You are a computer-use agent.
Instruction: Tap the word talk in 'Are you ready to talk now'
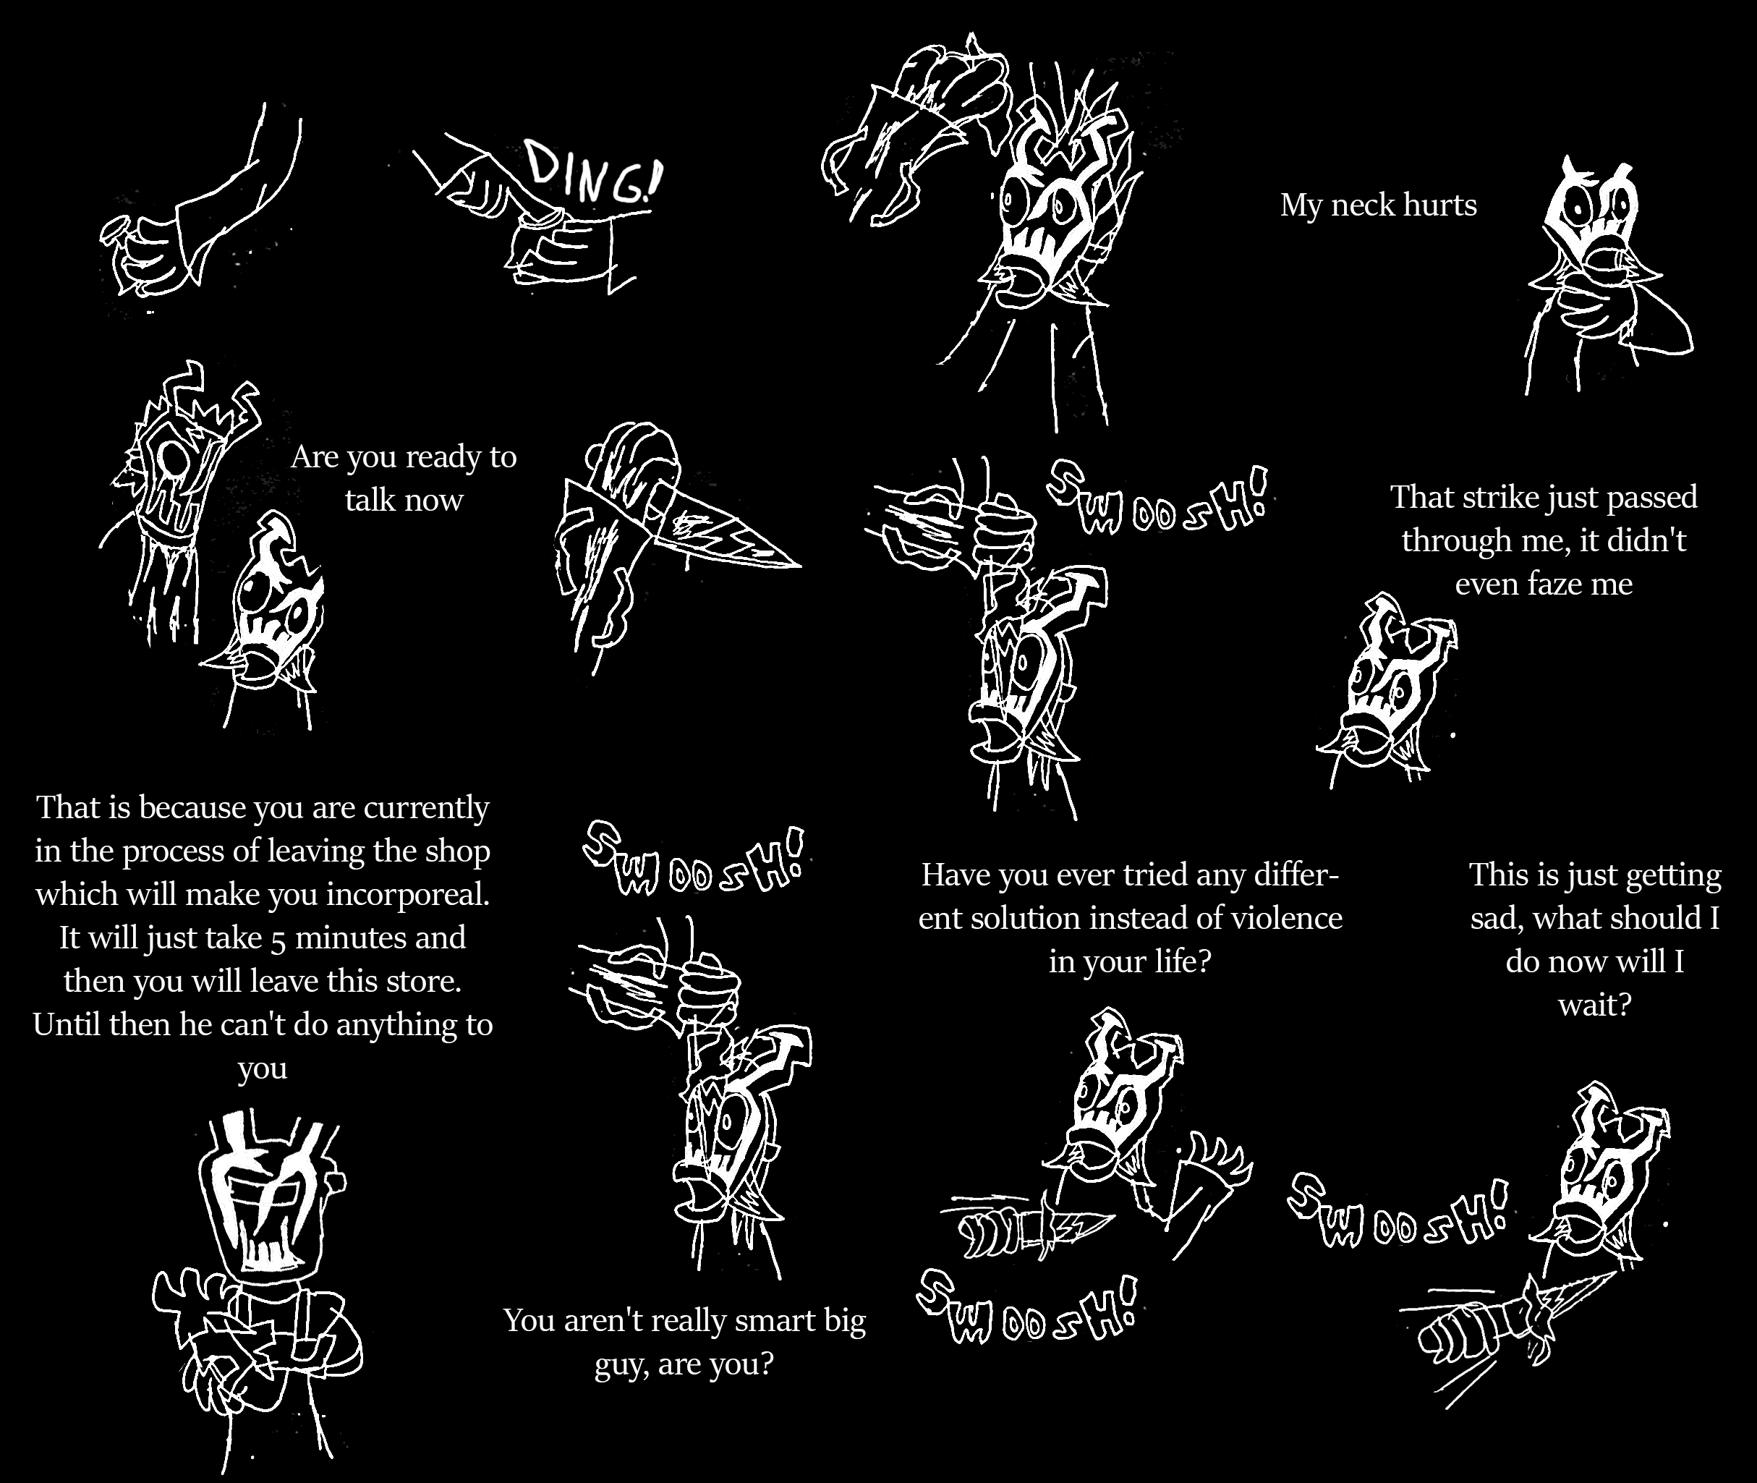(x=369, y=500)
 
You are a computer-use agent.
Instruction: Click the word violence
(x=1286, y=917)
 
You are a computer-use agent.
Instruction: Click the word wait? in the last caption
(x=1594, y=1005)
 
